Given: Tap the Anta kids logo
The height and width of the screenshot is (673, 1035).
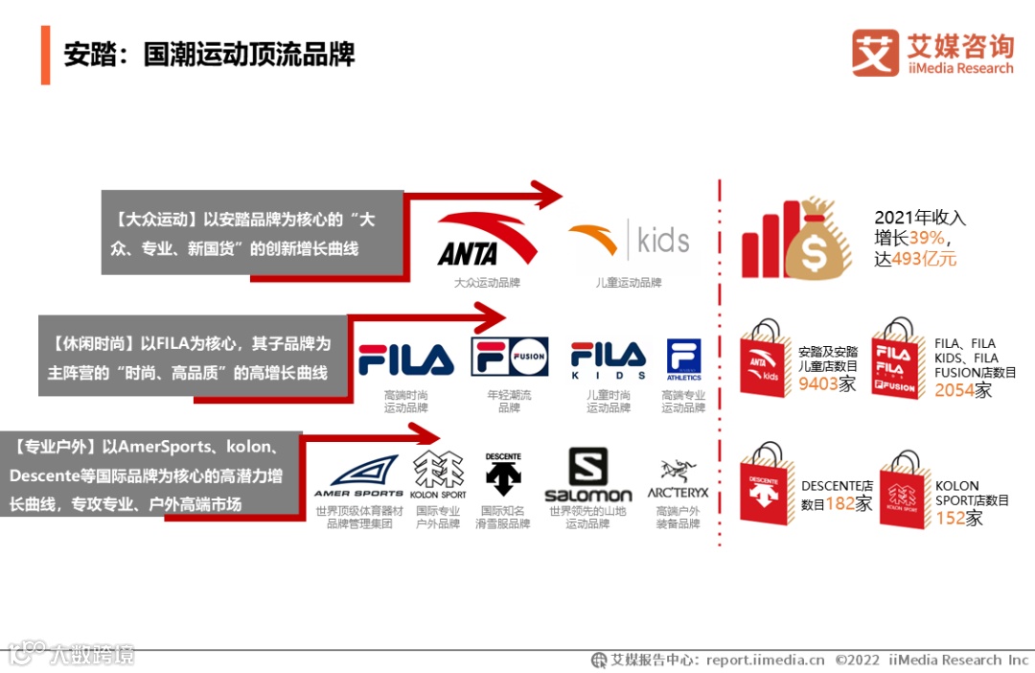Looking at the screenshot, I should tap(629, 240).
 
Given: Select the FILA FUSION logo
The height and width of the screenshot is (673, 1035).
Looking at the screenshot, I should tap(509, 357).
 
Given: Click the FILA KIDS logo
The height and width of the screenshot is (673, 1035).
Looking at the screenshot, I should tap(608, 359).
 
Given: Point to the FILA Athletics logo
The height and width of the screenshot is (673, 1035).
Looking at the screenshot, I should tap(683, 360).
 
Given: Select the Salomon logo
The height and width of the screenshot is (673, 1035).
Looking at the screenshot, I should tap(587, 475).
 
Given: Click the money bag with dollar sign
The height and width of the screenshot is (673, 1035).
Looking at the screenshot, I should tap(817, 240).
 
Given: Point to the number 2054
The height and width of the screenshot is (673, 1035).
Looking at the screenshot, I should tap(954, 389).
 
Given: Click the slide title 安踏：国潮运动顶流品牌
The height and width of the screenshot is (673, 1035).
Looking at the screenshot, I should tap(209, 54).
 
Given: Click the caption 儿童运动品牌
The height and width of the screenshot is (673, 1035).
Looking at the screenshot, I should tap(629, 283).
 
